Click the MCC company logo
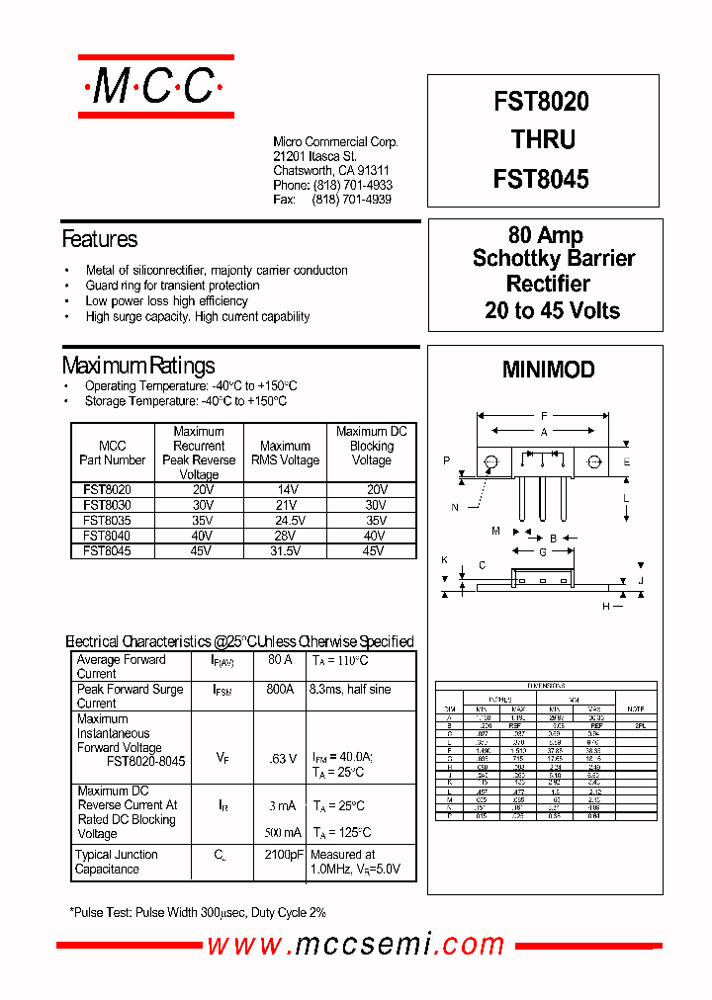coord(155,87)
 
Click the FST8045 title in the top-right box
coord(541,179)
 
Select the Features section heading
coord(100,239)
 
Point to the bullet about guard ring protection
coord(172,286)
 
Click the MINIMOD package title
coord(548,370)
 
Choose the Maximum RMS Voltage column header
coord(285,453)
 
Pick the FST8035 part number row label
coord(107,519)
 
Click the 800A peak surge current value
coord(280,690)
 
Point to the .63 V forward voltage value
coord(283,759)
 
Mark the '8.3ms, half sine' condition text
coord(350,690)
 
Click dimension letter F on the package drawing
coord(543,416)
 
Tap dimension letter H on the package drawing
coord(606,606)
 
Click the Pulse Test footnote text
coord(198,913)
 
